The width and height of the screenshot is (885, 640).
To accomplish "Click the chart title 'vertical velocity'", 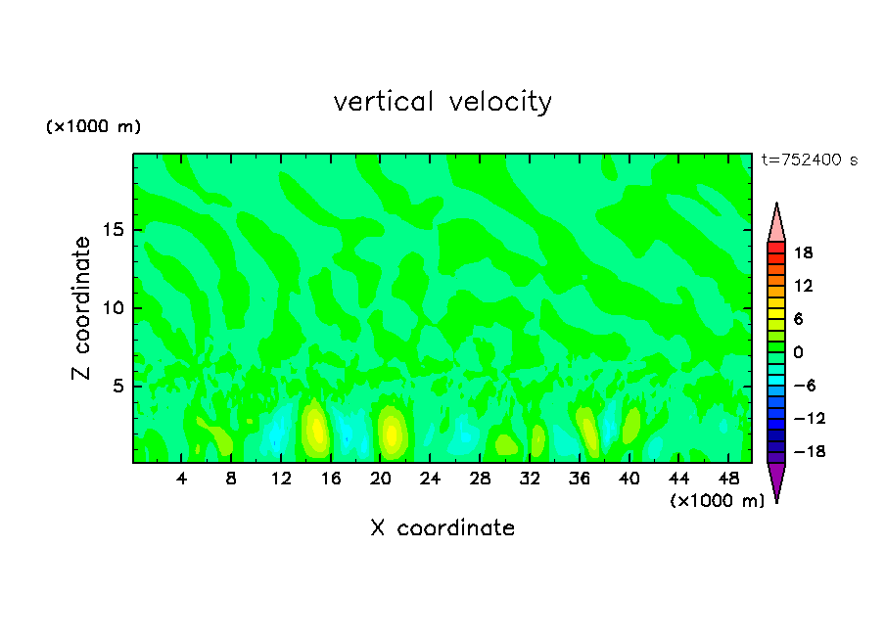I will point(442,102).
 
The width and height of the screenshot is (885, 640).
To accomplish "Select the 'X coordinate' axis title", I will point(442,528).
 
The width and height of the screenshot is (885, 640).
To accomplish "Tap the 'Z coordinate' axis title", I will point(82,308).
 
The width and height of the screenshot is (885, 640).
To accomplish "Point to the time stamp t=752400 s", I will point(809,160).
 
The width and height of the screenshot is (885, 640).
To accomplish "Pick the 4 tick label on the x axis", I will point(182,479).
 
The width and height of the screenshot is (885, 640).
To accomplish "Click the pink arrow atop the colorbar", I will point(776,222).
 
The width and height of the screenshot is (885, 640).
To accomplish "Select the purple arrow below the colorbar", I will point(776,481).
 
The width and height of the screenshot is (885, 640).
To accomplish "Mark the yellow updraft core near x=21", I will point(393,433).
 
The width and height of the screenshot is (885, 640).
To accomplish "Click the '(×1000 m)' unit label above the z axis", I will point(94,127).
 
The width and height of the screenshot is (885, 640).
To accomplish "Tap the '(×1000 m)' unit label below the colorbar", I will point(718,500).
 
